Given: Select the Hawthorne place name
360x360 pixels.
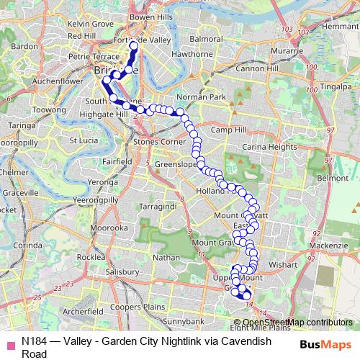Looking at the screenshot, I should point(190,53).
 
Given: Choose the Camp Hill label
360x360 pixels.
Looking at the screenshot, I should point(230,130).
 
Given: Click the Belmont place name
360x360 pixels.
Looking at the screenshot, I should point(333,177).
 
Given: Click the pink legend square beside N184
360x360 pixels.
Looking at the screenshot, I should point(9,343).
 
